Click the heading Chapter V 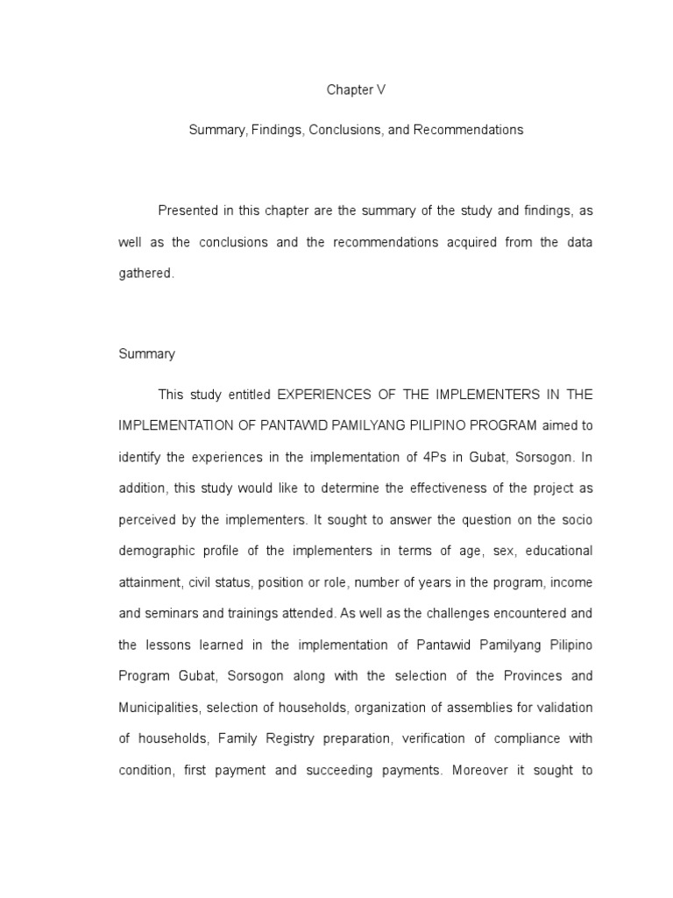coord(356,89)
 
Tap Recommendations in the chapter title coord(468,130)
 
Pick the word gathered coord(146,274)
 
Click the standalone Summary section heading coord(146,354)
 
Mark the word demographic coord(156,552)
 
